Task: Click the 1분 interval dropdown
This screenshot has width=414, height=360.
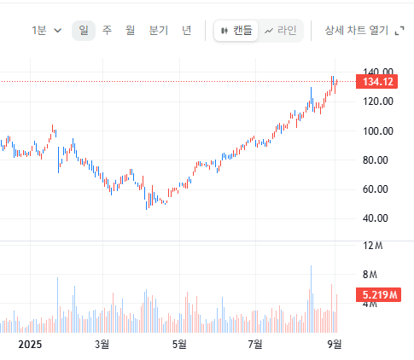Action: coord(46,30)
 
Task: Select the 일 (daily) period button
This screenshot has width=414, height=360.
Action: coord(84,31)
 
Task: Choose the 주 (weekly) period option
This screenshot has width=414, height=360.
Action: coord(107,30)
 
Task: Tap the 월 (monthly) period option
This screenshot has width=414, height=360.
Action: coord(130,30)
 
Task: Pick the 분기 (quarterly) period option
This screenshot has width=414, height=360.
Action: coord(159,30)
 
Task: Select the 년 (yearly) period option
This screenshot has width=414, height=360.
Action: coord(187,30)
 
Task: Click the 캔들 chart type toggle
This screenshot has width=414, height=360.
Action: coord(236,31)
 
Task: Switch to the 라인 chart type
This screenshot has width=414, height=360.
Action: coord(281,31)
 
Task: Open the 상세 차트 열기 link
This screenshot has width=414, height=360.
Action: coord(364,30)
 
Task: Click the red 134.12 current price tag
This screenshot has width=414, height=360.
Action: coord(376,82)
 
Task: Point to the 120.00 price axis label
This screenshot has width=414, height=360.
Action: coord(378,102)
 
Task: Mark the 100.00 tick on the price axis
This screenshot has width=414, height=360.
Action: coord(378,131)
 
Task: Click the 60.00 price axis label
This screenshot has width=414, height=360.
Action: coord(376,189)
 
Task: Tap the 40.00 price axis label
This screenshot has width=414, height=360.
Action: coord(376,218)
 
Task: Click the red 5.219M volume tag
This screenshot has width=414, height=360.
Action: coord(379,294)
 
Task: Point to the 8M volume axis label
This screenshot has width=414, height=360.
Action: coord(370,275)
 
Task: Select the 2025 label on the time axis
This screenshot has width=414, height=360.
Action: coord(30,345)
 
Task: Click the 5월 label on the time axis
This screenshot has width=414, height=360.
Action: coord(179,345)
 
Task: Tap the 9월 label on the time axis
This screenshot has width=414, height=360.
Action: coord(335,345)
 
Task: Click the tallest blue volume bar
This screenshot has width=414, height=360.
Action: coord(311,299)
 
